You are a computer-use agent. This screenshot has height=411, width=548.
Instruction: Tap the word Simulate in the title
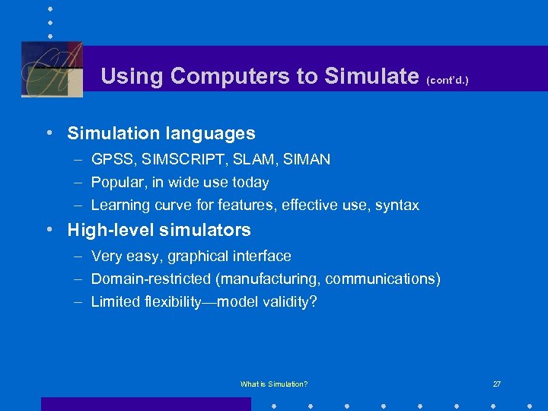[x=371, y=76]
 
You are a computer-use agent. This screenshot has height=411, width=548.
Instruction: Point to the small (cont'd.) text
[x=448, y=79]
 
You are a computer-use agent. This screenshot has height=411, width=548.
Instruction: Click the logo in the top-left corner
[x=52, y=68]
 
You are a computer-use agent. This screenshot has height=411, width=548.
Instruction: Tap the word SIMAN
[x=304, y=160]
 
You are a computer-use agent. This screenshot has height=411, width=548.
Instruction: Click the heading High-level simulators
[x=159, y=230]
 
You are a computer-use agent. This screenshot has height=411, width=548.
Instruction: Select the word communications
[x=383, y=279]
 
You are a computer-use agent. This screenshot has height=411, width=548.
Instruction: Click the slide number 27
[x=496, y=384]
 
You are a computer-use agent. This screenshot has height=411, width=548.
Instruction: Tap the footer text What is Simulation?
[x=274, y=384]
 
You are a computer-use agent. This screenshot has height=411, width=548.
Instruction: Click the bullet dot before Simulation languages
[x=49, y=133]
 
